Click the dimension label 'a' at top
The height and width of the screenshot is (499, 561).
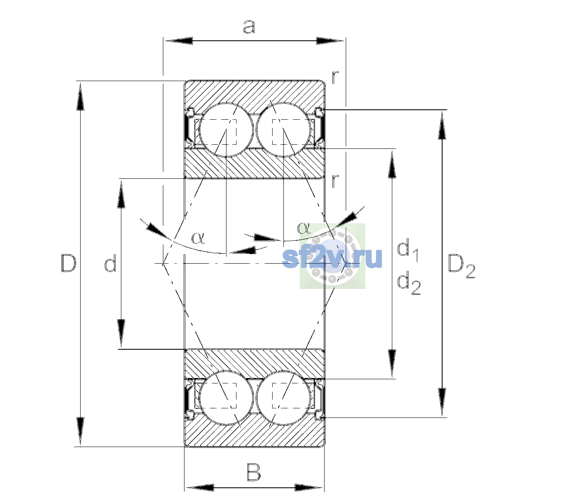click(x=249, y=27)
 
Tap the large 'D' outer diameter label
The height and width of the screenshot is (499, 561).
click(x=69, y=263)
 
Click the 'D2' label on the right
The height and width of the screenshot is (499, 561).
click(x=461, y=267)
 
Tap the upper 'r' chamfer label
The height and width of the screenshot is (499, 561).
click(x=335, y=77)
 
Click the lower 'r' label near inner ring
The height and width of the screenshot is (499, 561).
click(x=335, y=181)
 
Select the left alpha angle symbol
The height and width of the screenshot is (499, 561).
click(x=198, y=238)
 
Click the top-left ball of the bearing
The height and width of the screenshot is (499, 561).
click(x=226, y=130)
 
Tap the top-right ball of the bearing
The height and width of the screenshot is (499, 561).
click(x=283, y=130)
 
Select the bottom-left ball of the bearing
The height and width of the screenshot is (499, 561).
click(x=226, y=398)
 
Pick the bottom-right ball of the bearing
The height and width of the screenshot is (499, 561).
click(x=283, y=398)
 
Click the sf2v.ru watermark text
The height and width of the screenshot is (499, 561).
click(x=332, y=258)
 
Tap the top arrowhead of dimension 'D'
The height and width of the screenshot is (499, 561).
click(x=80, y=96)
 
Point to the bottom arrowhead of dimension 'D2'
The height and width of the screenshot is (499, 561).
click(x=442, y=402)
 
